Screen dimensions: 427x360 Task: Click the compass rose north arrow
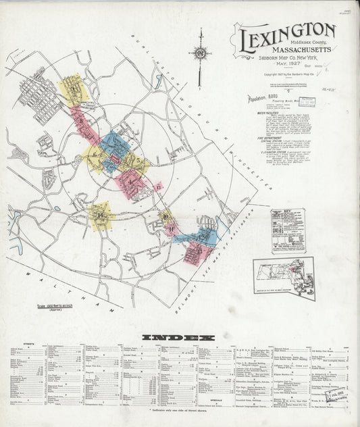[x=200, y=54]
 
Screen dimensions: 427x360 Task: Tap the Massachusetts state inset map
[x=284, y=277]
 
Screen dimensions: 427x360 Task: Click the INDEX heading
[x=178, y=336]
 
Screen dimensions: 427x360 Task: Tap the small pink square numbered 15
[x=159, y=186]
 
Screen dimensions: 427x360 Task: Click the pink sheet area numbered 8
[x=84, y=122]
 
